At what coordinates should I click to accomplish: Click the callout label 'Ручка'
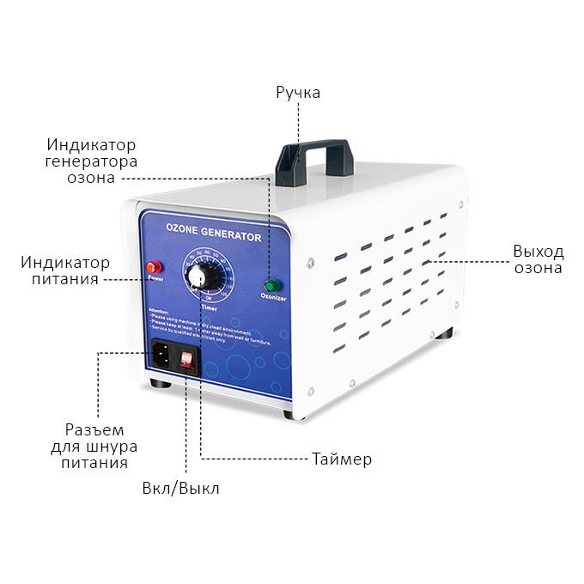tap(298, 92)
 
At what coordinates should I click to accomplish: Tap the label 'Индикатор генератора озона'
tap(92, 161)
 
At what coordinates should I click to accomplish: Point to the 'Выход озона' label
tap(538, 259)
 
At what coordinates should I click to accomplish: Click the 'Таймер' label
tap(341, 459)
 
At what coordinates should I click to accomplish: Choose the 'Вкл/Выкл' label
tap(180, 489)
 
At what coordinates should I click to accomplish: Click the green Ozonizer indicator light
tap(272, 284)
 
